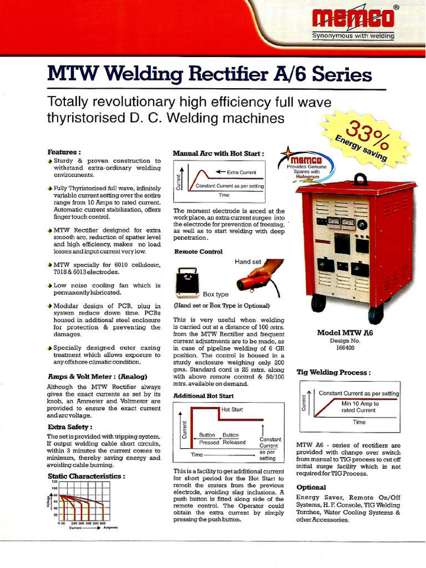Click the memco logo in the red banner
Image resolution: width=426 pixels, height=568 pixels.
coord(353,20)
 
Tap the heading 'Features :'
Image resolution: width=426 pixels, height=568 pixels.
coord(64,151)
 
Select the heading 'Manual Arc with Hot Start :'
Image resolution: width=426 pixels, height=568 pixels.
coord(218,153)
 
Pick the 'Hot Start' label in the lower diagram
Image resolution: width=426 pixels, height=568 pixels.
coord(232,409)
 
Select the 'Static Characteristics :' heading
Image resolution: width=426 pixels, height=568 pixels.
coord(86,476)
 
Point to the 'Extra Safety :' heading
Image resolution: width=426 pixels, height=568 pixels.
coord(69,427)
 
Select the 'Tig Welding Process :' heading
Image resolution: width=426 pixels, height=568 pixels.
coord(333,372)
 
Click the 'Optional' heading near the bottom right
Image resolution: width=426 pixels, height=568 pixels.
coord(311,487)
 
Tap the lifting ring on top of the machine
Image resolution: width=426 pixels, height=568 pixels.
coord(361,180)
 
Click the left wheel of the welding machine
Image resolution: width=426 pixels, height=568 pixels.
coord(318,303)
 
